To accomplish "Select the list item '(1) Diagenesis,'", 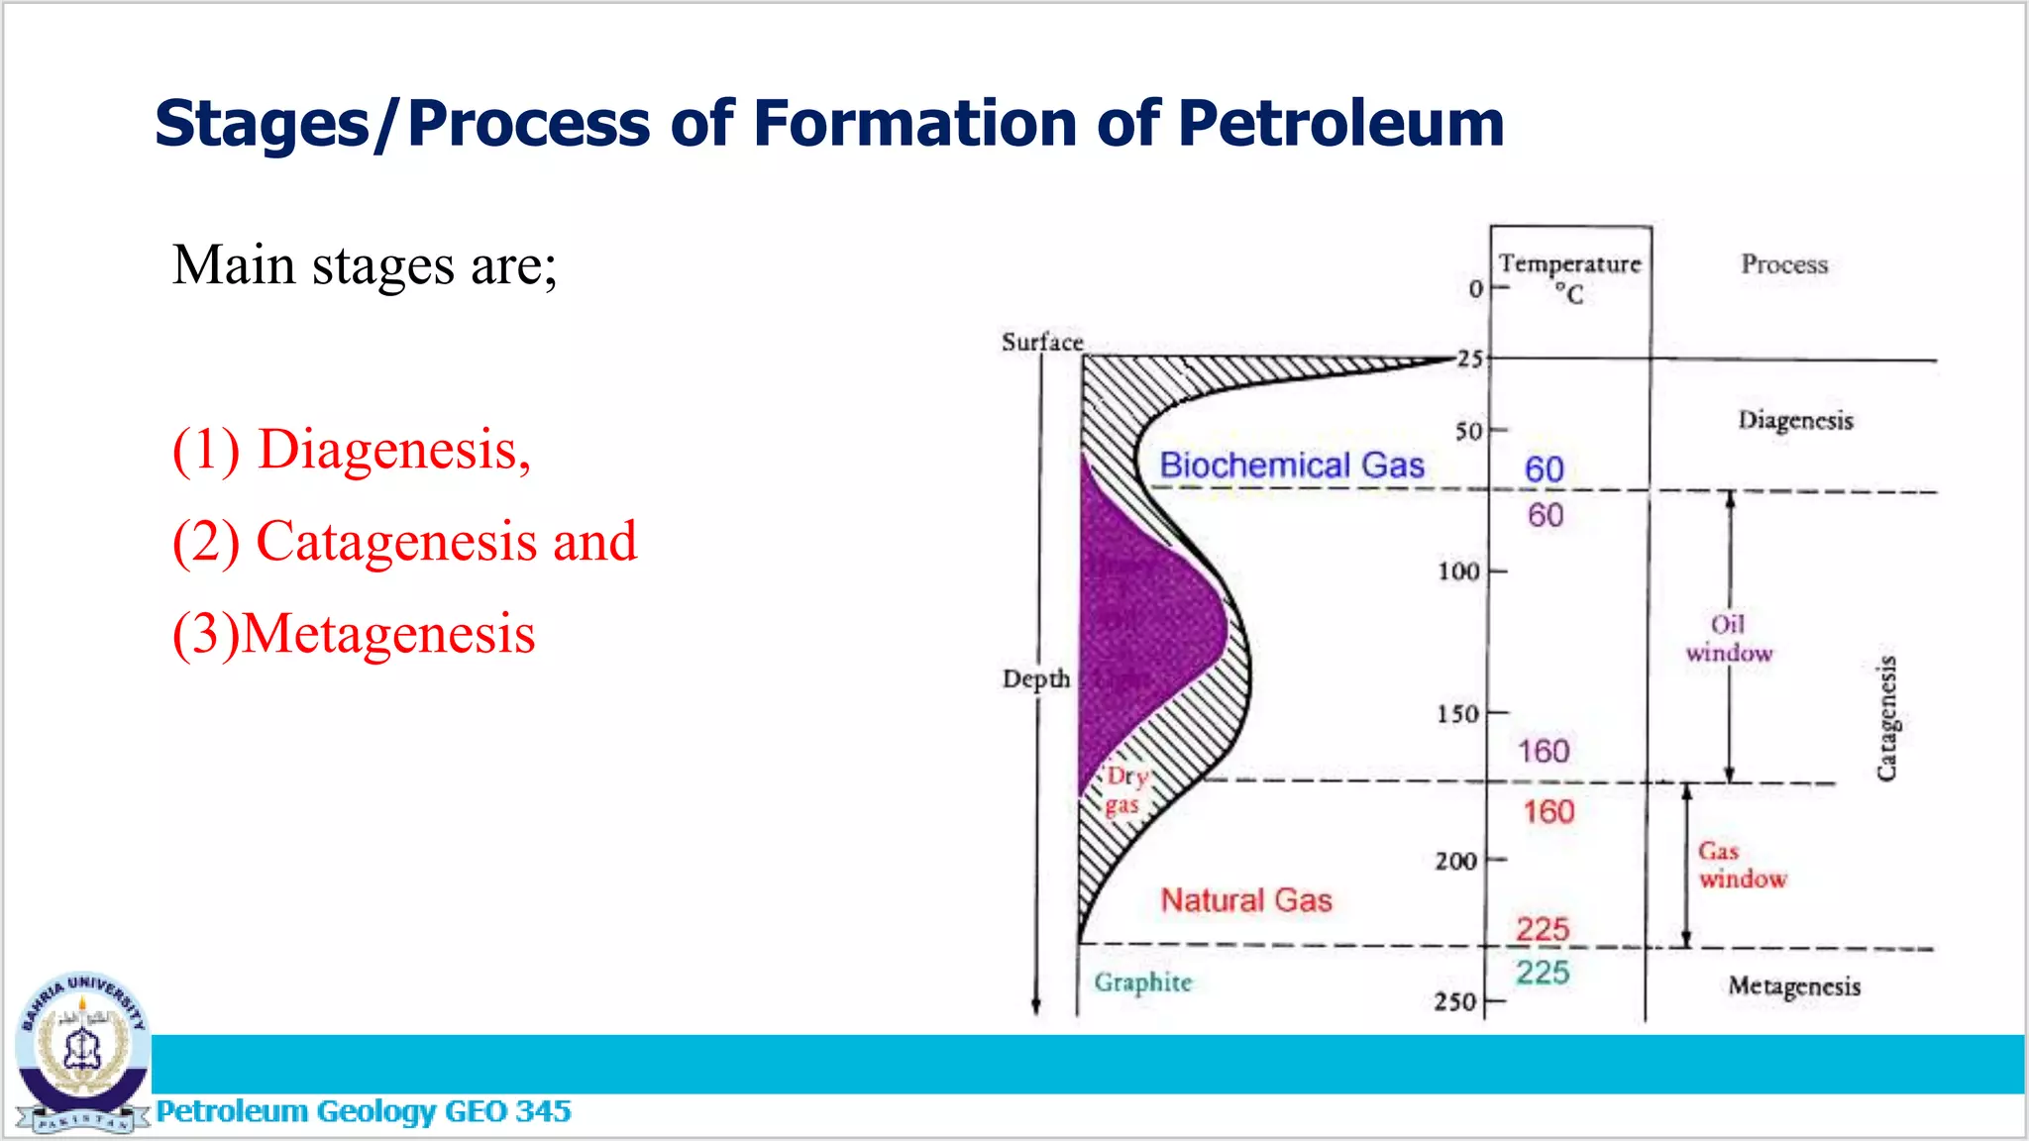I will point(352,450).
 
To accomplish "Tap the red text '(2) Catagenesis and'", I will point(404,542).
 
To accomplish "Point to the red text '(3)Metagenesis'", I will point(354,634).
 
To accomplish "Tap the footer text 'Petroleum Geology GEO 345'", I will point(364,1111).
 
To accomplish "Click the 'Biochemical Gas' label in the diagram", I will point(1292,466).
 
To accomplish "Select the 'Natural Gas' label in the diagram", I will point(1246,900).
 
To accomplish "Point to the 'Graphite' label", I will point(1143,983).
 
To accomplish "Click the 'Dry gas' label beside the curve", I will point(1125,790).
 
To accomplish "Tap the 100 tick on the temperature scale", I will point(1459,571).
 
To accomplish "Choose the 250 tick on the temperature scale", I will point(1456,1002).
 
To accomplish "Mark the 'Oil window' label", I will point(1729,639).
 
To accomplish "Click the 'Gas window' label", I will point(1742,865).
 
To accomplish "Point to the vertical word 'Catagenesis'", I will point(1887,718).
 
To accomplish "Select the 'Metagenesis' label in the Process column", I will point(1794,986).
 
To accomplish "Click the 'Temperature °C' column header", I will point(1569,277).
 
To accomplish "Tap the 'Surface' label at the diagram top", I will point(1042,343).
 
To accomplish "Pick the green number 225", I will point(1543,973).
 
